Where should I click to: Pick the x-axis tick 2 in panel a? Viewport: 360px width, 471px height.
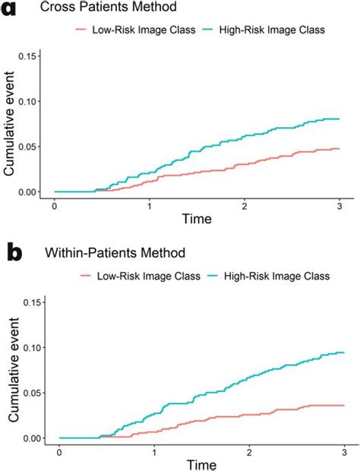pyautogui.click(x=244, y=205)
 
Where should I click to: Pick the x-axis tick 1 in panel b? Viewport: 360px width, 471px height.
pyautogui.click(x=154, y=451)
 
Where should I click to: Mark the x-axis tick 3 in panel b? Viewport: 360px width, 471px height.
pyautogui.click(x=344, y=451)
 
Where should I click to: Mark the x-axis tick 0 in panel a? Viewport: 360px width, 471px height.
pyautogui.click(x=55, y=205)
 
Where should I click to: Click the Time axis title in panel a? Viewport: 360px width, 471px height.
pyautogui.click(x=197, y=220)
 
